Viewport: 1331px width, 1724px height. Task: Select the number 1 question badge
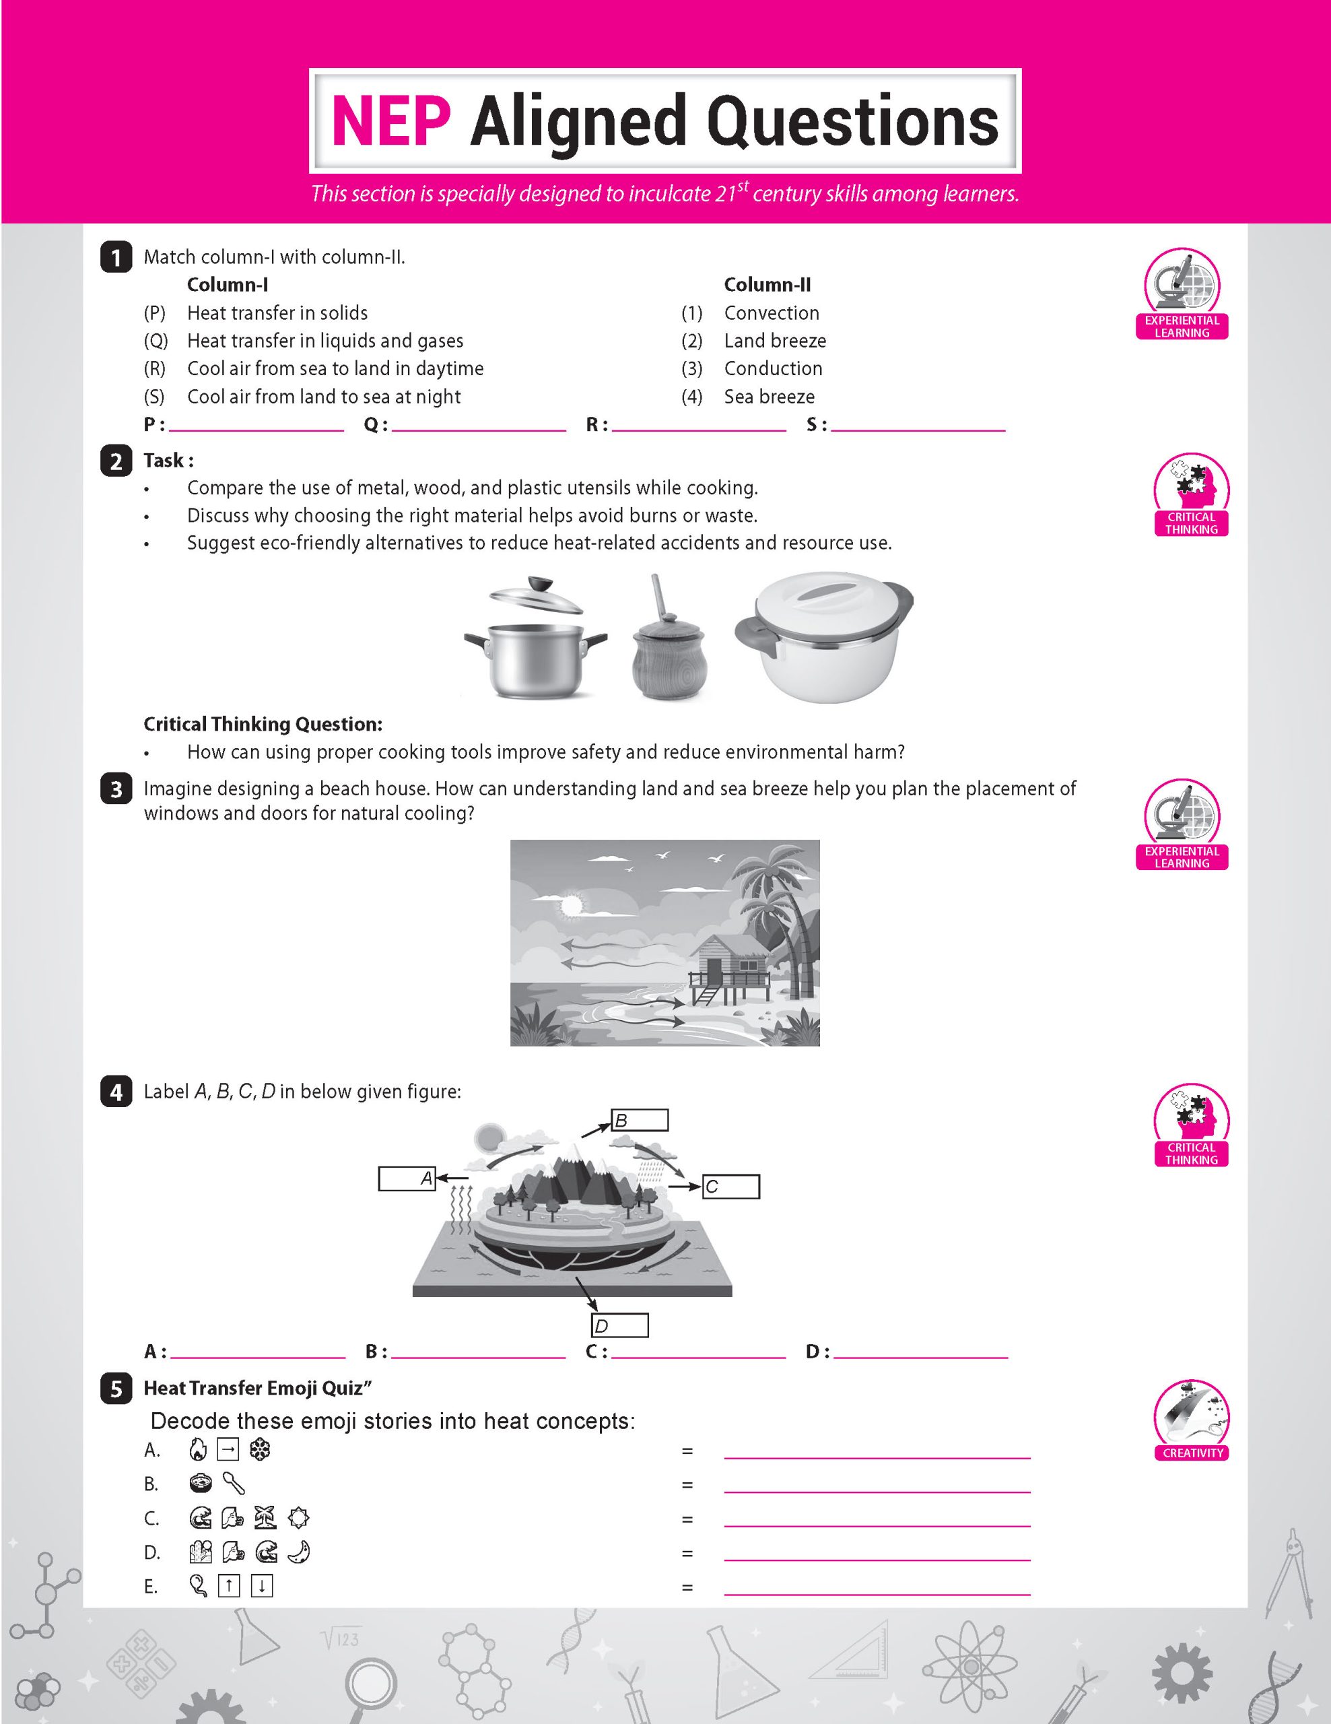pos(116,257)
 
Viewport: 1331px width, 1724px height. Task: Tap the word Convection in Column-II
pos(771,313)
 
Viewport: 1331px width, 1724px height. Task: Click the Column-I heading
pos(228,285)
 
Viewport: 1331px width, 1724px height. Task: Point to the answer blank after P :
pos(256,426)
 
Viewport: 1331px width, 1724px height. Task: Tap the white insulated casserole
pos(823,638)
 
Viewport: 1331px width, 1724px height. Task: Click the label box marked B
pos(640,1119)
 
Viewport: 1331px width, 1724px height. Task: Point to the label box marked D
pos(619,1325)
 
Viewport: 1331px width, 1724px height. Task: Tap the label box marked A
pos(407,1179)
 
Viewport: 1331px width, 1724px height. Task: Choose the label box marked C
pos(730,1187)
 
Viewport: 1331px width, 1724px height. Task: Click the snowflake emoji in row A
pos(260,1449)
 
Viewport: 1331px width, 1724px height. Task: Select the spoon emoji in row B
pos(234,1484)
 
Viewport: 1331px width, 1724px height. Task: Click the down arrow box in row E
pos(261,1586)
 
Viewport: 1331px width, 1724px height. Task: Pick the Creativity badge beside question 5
pos(1192,1421)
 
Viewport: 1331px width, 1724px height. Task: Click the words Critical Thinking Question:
pos(263,725)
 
